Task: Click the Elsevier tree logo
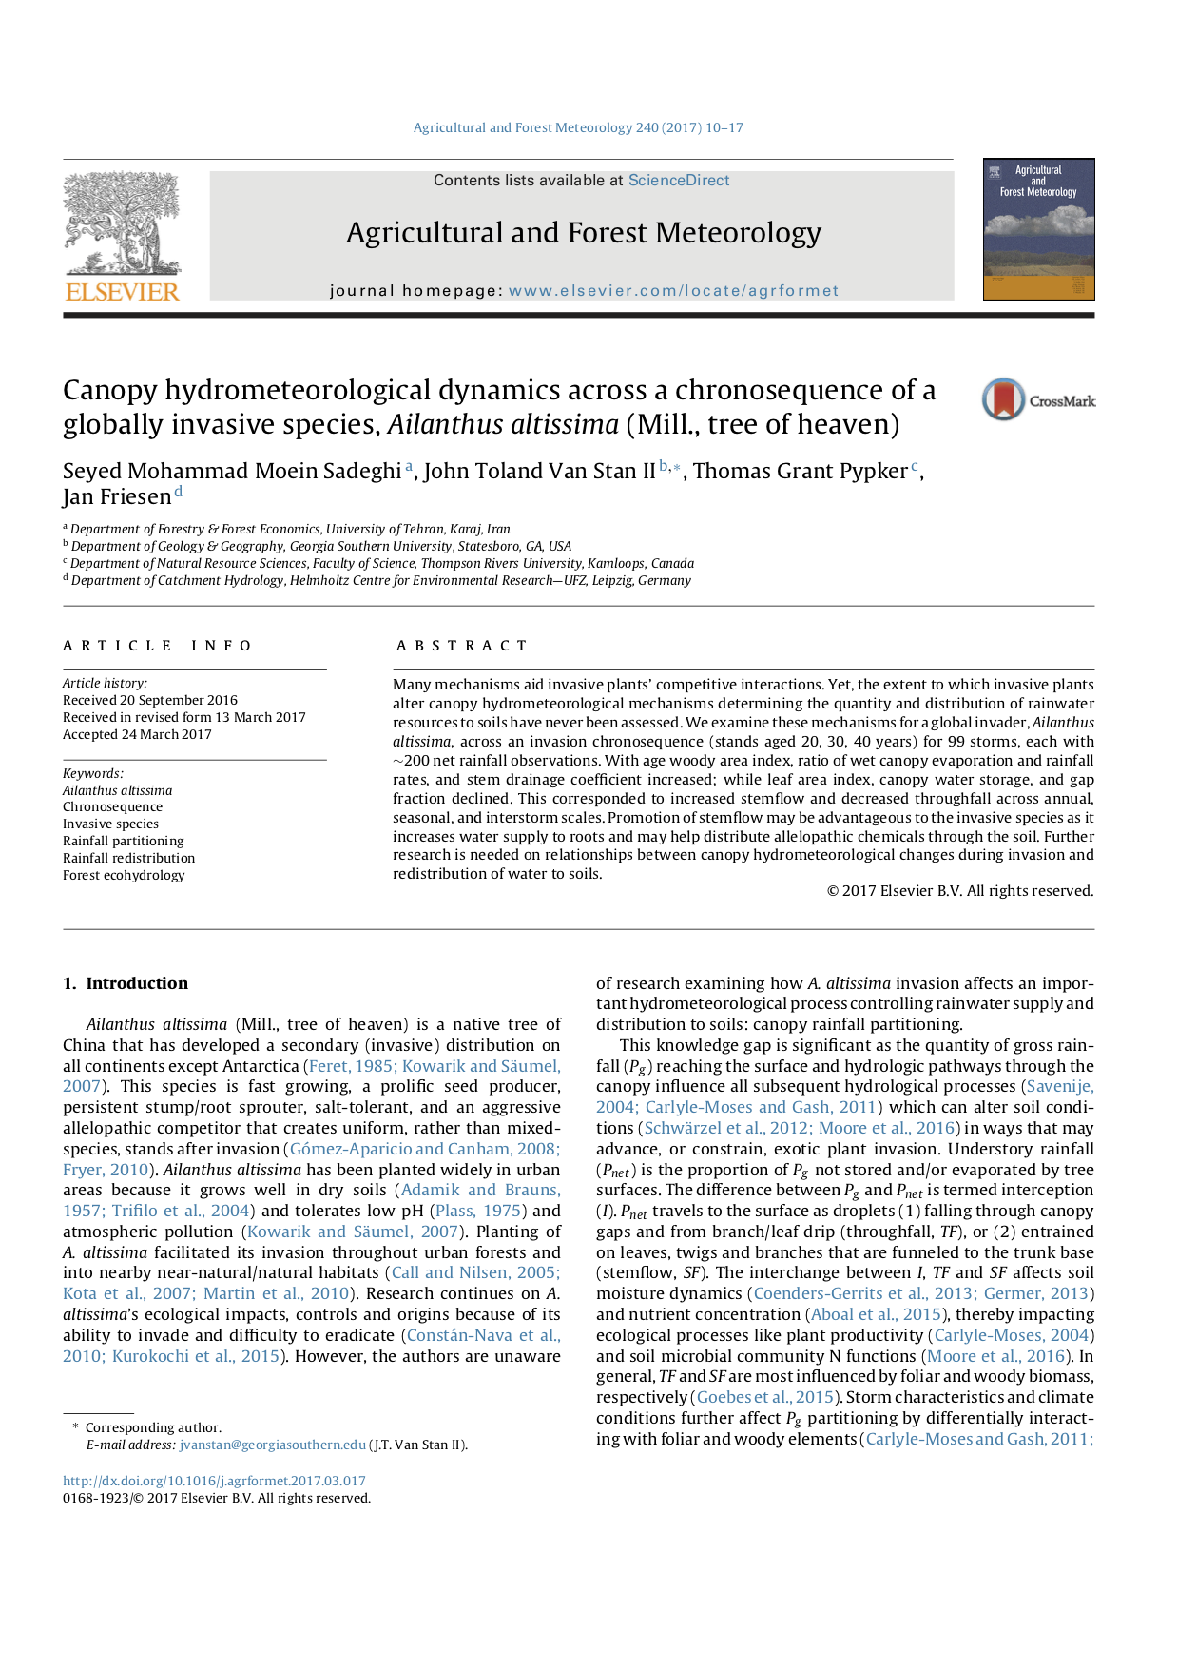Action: [122, 236]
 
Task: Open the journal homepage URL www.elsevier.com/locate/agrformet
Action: [673, 291]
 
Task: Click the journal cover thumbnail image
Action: [1038, 229]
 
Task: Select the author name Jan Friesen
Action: [117, 496]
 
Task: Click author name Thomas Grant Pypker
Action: [800, 471]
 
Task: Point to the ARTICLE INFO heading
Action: [158, 646]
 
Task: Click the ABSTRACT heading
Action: [462, 646]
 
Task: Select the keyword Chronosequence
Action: [112, 806]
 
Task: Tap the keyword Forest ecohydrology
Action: [124, 875]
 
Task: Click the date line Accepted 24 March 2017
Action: [137, 734]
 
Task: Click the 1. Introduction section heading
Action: [126, 983]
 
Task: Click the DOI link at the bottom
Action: [214, 1481]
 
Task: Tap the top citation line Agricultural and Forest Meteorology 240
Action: [577, 127]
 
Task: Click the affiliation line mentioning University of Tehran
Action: [290, 529]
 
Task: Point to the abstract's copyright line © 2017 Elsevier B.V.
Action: [959, 891]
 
